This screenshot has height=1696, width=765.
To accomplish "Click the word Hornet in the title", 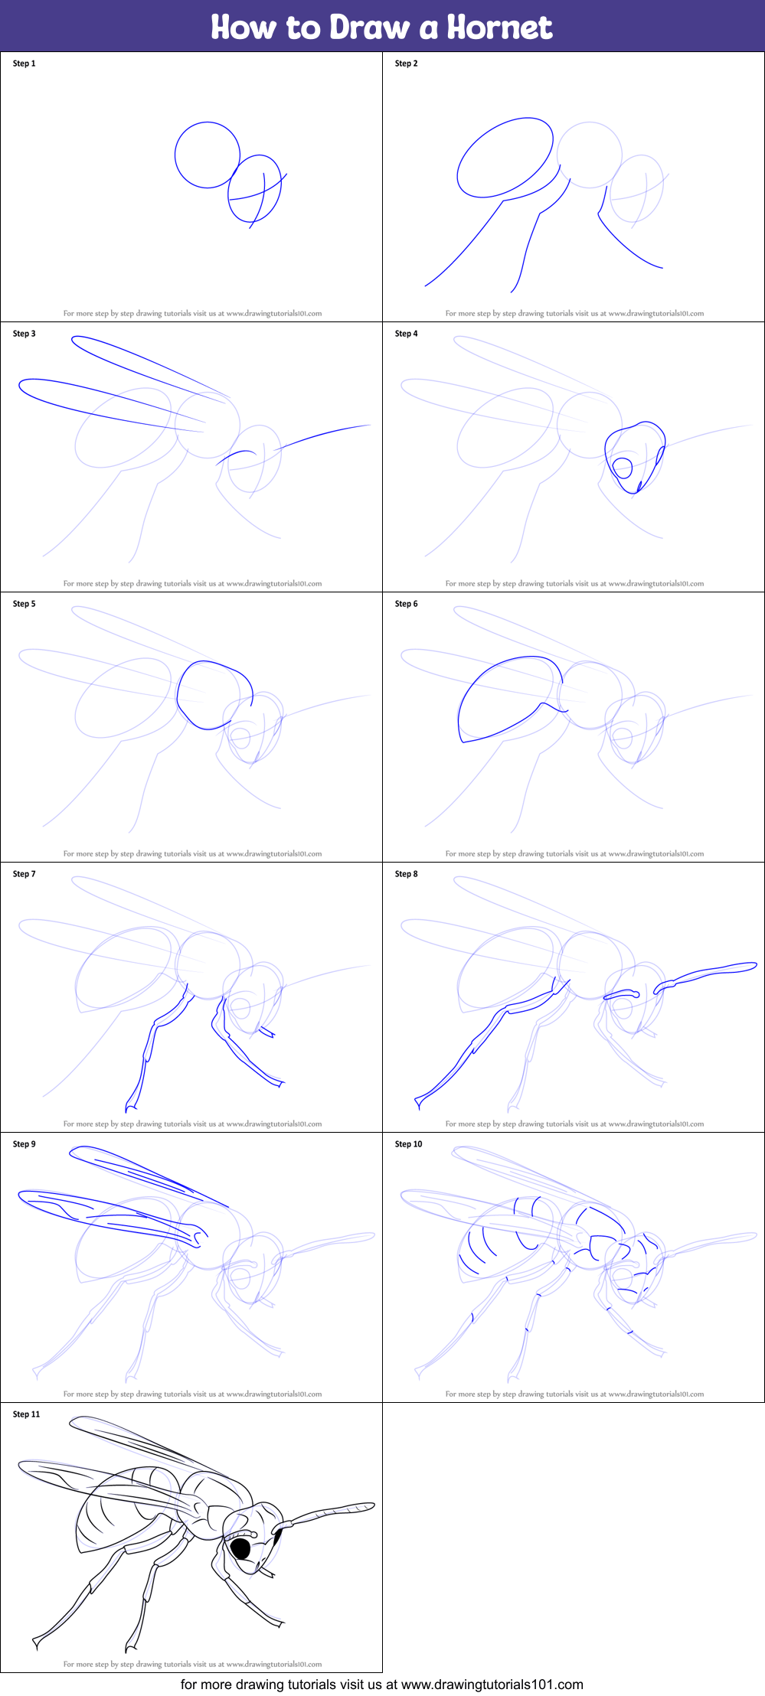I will click(x=499, y=28).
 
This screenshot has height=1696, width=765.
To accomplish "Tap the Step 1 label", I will click(x=24, y=64).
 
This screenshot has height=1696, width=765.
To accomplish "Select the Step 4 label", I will click(x=406, y=334).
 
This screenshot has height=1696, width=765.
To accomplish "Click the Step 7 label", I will click(x=24, y=874).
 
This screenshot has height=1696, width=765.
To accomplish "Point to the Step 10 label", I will click(x=408, y=1144).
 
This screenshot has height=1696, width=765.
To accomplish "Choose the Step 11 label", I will click(x=26, y=1414).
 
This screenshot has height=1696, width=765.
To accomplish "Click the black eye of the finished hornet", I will click(x=241, y=1548).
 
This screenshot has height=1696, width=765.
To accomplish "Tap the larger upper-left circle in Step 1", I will click(x=207, y=155).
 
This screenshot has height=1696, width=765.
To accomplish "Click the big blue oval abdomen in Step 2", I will click(x=505, y=157).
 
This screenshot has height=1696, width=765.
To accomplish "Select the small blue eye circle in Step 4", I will click(x=622, y=467).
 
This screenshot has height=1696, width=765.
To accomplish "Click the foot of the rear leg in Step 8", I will click(x=420, y=1102).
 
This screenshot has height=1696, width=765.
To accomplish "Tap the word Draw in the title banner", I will click(x=370, y=28).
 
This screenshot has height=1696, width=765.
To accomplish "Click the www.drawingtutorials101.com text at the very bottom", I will click(x=492, y=1684).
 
